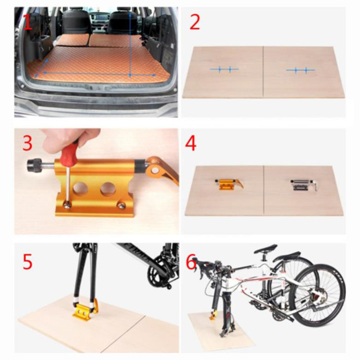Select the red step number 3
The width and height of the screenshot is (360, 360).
click(x=27, y=143)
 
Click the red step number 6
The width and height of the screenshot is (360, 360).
click(x=191, y=261)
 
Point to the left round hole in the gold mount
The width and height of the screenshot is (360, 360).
click(x=81, y=189)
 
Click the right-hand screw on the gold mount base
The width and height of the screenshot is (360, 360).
click(x=121, y=205)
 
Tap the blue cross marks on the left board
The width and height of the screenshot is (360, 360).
click(x=225, y=69)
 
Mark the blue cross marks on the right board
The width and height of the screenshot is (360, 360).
click(x=301, y=70)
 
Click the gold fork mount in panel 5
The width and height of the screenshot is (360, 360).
click(x=85, y=310)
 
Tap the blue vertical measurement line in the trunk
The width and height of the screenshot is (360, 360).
click(x=130, y=44)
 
